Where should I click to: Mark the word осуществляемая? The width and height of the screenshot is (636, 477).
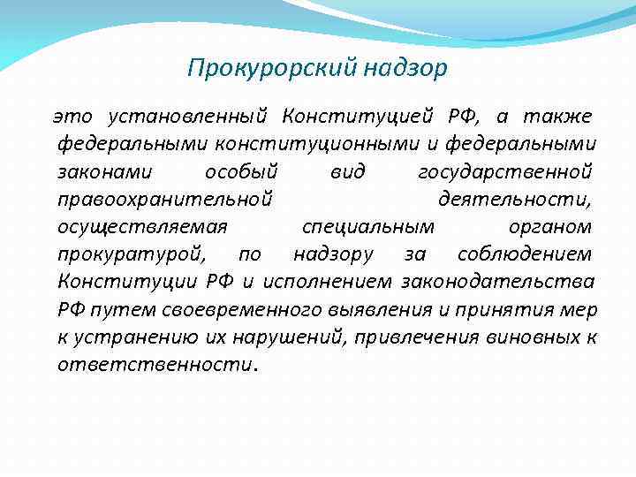click(142, 227)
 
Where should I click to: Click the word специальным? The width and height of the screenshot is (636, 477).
click(362, 227)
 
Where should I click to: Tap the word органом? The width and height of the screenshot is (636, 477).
click(550, 227)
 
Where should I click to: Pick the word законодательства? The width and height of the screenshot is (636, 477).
click(497, 283)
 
